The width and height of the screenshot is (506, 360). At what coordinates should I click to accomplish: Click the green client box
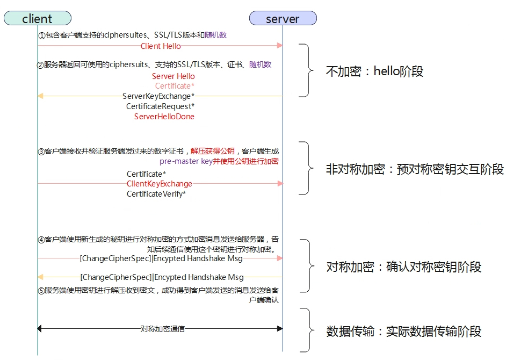(38, 18)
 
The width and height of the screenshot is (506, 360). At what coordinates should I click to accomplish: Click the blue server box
(283, 18)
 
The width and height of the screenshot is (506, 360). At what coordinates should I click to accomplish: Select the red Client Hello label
(161, 46)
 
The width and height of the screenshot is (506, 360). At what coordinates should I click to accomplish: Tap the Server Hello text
(174, 76)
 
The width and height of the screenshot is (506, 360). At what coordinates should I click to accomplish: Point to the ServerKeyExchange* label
(158, 96)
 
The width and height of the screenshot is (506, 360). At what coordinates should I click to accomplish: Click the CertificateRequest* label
(161, 106)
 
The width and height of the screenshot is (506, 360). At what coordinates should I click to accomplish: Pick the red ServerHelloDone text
(164, 117)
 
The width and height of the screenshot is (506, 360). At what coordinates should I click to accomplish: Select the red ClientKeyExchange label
(160, 184)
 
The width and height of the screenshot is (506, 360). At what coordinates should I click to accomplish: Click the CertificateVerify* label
(156, 194)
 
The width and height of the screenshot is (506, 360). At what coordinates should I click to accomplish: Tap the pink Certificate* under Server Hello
(175, 86)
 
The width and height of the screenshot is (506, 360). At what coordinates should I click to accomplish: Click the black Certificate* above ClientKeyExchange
(146, 174)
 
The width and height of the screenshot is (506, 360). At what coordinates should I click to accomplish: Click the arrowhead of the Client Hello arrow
(280, 46)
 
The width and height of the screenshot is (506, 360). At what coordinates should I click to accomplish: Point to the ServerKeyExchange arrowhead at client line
(40, 96)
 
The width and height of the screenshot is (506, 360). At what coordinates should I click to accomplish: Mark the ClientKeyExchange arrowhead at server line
(280, 183)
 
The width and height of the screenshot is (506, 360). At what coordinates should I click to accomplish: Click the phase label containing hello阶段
(374, 71)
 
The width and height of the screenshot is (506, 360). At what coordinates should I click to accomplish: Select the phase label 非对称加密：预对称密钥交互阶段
(415, 169)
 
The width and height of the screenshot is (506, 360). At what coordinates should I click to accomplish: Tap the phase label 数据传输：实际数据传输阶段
(404, 332)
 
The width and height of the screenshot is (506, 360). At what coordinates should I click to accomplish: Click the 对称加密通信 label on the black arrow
(163, 329)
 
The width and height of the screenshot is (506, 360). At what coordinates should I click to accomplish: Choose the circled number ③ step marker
(41, 152)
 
